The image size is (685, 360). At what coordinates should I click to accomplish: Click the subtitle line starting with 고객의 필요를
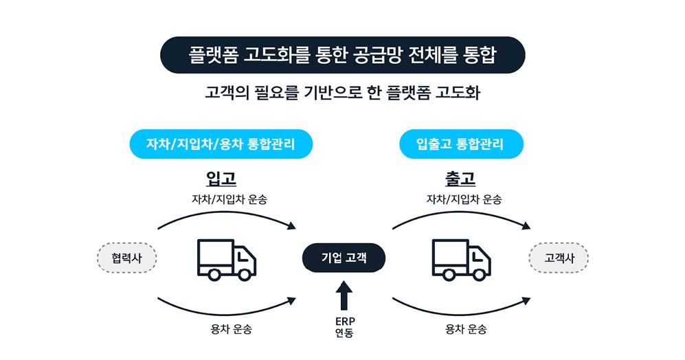tap(342, 93)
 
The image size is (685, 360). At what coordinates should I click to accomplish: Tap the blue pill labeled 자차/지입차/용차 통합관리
tap(221, 144)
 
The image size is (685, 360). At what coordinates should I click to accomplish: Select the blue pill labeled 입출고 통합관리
tap(460, 144)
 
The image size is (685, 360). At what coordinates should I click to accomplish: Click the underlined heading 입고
tap(221, 179)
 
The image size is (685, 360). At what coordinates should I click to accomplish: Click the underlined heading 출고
tap(460, 179)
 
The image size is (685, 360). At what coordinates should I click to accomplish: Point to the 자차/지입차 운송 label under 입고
tap(229, 200)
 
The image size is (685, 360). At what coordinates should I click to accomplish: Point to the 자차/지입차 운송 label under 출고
tap(464, 200)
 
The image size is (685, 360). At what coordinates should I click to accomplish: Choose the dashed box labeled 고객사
tap(559, 258)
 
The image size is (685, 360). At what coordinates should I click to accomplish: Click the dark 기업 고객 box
tap(344, 258)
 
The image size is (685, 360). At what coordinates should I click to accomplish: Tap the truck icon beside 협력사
tap(226, 259)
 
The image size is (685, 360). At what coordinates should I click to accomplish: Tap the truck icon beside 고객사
tap(460, 259)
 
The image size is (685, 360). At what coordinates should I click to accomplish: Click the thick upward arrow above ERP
tap(344, 297)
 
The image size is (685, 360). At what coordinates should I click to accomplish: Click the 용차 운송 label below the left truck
tap(231, 329)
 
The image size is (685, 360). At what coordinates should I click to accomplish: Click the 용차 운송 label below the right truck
tap(465, 329)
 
